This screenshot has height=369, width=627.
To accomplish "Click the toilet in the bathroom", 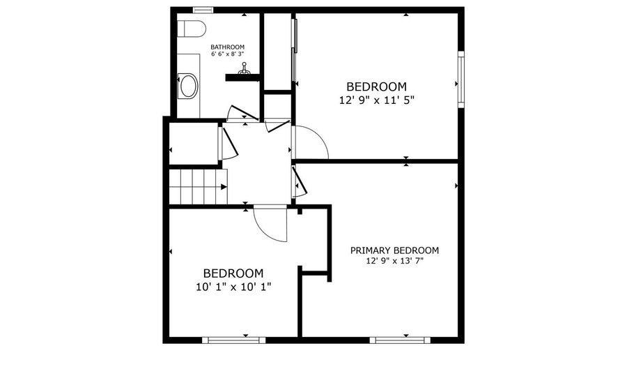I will [190, 29].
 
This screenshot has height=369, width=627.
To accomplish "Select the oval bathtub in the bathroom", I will [188, 86].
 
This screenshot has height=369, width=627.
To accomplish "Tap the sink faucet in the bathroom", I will [244, 69].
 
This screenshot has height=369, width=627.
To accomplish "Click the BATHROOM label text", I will [227, 47].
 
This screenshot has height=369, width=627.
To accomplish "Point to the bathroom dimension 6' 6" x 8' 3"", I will [227, 54].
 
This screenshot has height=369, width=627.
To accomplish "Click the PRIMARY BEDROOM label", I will [394, 250].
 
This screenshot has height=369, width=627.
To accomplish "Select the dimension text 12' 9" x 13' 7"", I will [394, 261].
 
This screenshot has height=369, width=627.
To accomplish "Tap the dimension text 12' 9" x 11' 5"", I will [376, 100].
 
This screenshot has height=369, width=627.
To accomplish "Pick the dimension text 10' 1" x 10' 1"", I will [233, 286].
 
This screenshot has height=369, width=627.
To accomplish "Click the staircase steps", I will [199, 186].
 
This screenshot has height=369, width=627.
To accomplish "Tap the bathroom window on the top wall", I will [203, 10].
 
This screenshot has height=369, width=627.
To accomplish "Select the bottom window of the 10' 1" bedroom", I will [233, 340].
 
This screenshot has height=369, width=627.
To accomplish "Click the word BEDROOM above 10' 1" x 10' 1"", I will [233, 273].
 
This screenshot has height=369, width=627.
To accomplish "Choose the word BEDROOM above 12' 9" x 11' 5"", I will [376, 86].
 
